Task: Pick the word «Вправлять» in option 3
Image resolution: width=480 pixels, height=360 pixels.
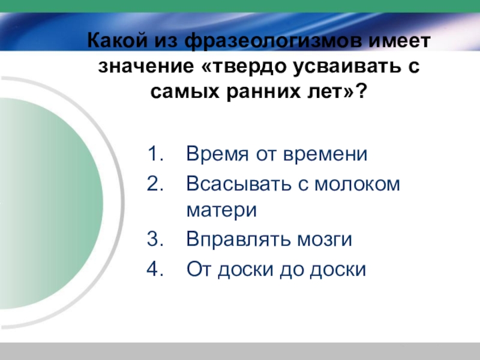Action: coord(236,239)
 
